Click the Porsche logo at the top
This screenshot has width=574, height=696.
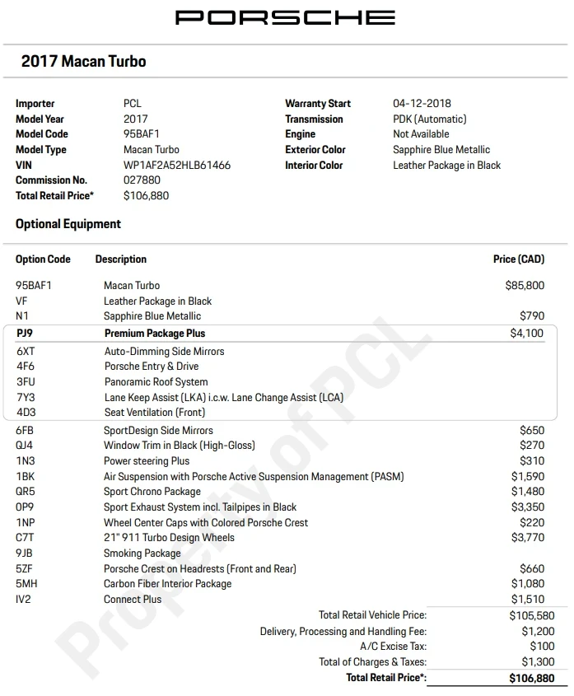286,17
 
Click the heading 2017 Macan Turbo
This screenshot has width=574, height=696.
83,61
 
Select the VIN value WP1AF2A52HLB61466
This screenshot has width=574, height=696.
177,165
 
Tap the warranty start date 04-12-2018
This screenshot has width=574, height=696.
422,104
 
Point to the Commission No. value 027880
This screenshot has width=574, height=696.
142,180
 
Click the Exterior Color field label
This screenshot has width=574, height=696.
315,150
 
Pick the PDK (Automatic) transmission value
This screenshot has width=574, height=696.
429,119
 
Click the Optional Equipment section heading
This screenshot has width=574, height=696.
68,224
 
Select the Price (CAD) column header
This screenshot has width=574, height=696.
519,259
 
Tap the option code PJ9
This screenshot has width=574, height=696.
26,334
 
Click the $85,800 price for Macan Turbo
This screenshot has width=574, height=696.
525,286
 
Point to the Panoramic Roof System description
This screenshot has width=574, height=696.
156,382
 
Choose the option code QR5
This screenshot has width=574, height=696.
26,492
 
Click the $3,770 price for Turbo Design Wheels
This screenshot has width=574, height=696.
527,538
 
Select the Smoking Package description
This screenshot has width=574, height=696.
142,554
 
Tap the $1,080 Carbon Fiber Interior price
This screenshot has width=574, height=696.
527,584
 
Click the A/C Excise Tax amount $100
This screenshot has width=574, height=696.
543,647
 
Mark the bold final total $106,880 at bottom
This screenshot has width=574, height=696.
532,678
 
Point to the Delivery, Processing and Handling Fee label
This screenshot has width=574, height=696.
343,631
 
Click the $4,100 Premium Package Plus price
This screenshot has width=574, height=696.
527,334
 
